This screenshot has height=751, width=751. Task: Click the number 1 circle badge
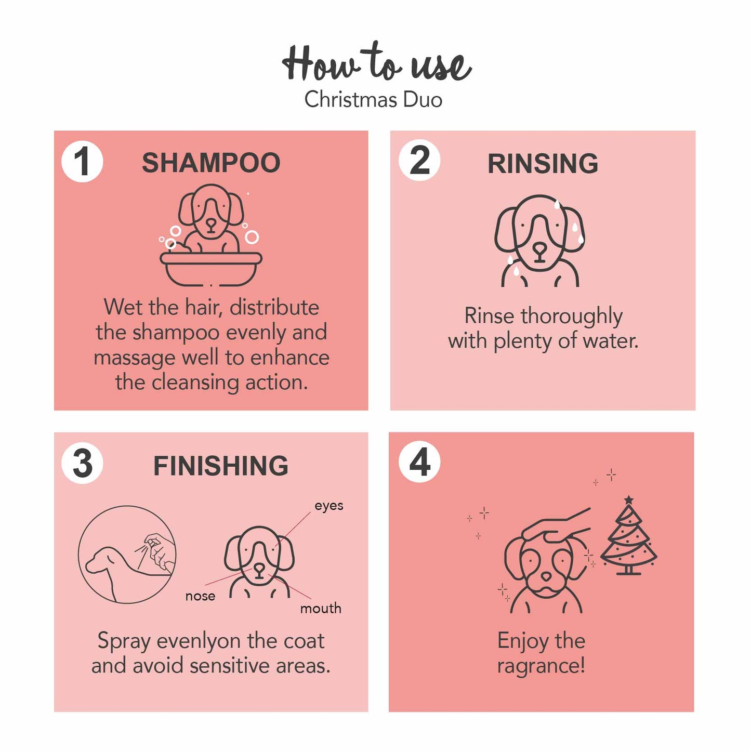pyautogui.click(x=82, y=161)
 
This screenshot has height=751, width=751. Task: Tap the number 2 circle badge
pyautogui.click(x=419, y=160)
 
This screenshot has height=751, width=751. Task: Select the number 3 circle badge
pyautogui.click(x=82, y=463)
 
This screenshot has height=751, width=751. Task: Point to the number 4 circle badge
pyautogui.click(x=419, y=462)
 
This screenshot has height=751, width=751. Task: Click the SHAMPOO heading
pyautogui.click(x=211, y=163)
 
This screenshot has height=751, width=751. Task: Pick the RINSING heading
pyautogui.click(x=543, y=163)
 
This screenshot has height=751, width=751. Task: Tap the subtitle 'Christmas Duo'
pyautogui.click(x=373, y=99)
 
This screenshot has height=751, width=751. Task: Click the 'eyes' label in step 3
pyautogui.click(x=329, y=506)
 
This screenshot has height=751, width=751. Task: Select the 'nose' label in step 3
pyautogui.click(x=200, y=596)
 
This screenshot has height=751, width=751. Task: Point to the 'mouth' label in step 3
pyautogui.click(x=321, y=609)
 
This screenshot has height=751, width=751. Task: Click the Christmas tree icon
pyautogui.click(x=629, y=535)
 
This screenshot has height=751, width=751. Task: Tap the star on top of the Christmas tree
pyautogui.click(x=629, y=499)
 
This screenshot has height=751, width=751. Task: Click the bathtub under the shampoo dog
pyautogui.click(x=211, y=269)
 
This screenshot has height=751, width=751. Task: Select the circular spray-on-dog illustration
pyautogui.click(x=127, y=555)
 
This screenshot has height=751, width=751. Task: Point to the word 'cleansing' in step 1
pyautogui.click(x=195, y=383)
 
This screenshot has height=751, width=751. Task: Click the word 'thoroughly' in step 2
pyautogui.click(x=572, y=317)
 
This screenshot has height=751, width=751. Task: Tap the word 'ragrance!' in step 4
pyautogui.click(x=541, y=666)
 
